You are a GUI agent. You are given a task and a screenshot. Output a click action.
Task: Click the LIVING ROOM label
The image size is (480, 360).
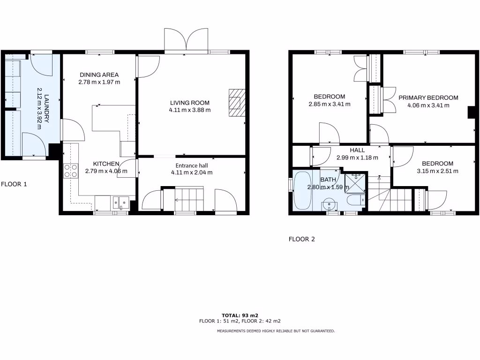(x=190, y=103)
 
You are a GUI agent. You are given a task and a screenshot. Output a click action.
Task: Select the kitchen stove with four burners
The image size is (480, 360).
(x=70, y=171)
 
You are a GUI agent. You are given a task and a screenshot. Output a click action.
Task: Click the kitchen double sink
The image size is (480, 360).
(x=120, y=202)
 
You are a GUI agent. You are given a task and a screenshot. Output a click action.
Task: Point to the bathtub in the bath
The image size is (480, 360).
(x=302, y=190)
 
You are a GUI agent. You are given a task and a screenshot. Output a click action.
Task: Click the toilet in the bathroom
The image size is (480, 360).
(x=355, y=200)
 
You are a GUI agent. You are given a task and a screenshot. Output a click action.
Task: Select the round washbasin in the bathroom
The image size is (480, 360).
(x=330, y=204)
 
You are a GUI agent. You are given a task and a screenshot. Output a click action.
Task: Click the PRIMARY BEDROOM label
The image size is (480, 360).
(x=428, y=97)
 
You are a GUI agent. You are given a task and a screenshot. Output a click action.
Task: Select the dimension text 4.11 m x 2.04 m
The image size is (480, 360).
(x=191, y=172)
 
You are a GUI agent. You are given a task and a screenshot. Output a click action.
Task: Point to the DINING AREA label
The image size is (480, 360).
(x=99, y=75)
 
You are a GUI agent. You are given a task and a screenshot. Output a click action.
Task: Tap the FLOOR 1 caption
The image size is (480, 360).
(x=14, y=184)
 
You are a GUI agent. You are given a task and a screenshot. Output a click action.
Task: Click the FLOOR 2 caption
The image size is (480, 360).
(x=301, y=239)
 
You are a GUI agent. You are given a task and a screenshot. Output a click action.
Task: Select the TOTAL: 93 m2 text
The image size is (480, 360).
(x=240, y=315)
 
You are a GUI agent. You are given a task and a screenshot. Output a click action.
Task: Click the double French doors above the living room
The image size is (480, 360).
(x=187, y=40)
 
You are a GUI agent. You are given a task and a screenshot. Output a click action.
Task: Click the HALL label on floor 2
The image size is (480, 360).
(x=357, y=150)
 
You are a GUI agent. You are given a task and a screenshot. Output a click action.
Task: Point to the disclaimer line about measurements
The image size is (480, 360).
(x=276, y=331)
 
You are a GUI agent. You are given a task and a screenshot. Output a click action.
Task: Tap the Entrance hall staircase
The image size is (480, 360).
(x=184, y=200)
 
